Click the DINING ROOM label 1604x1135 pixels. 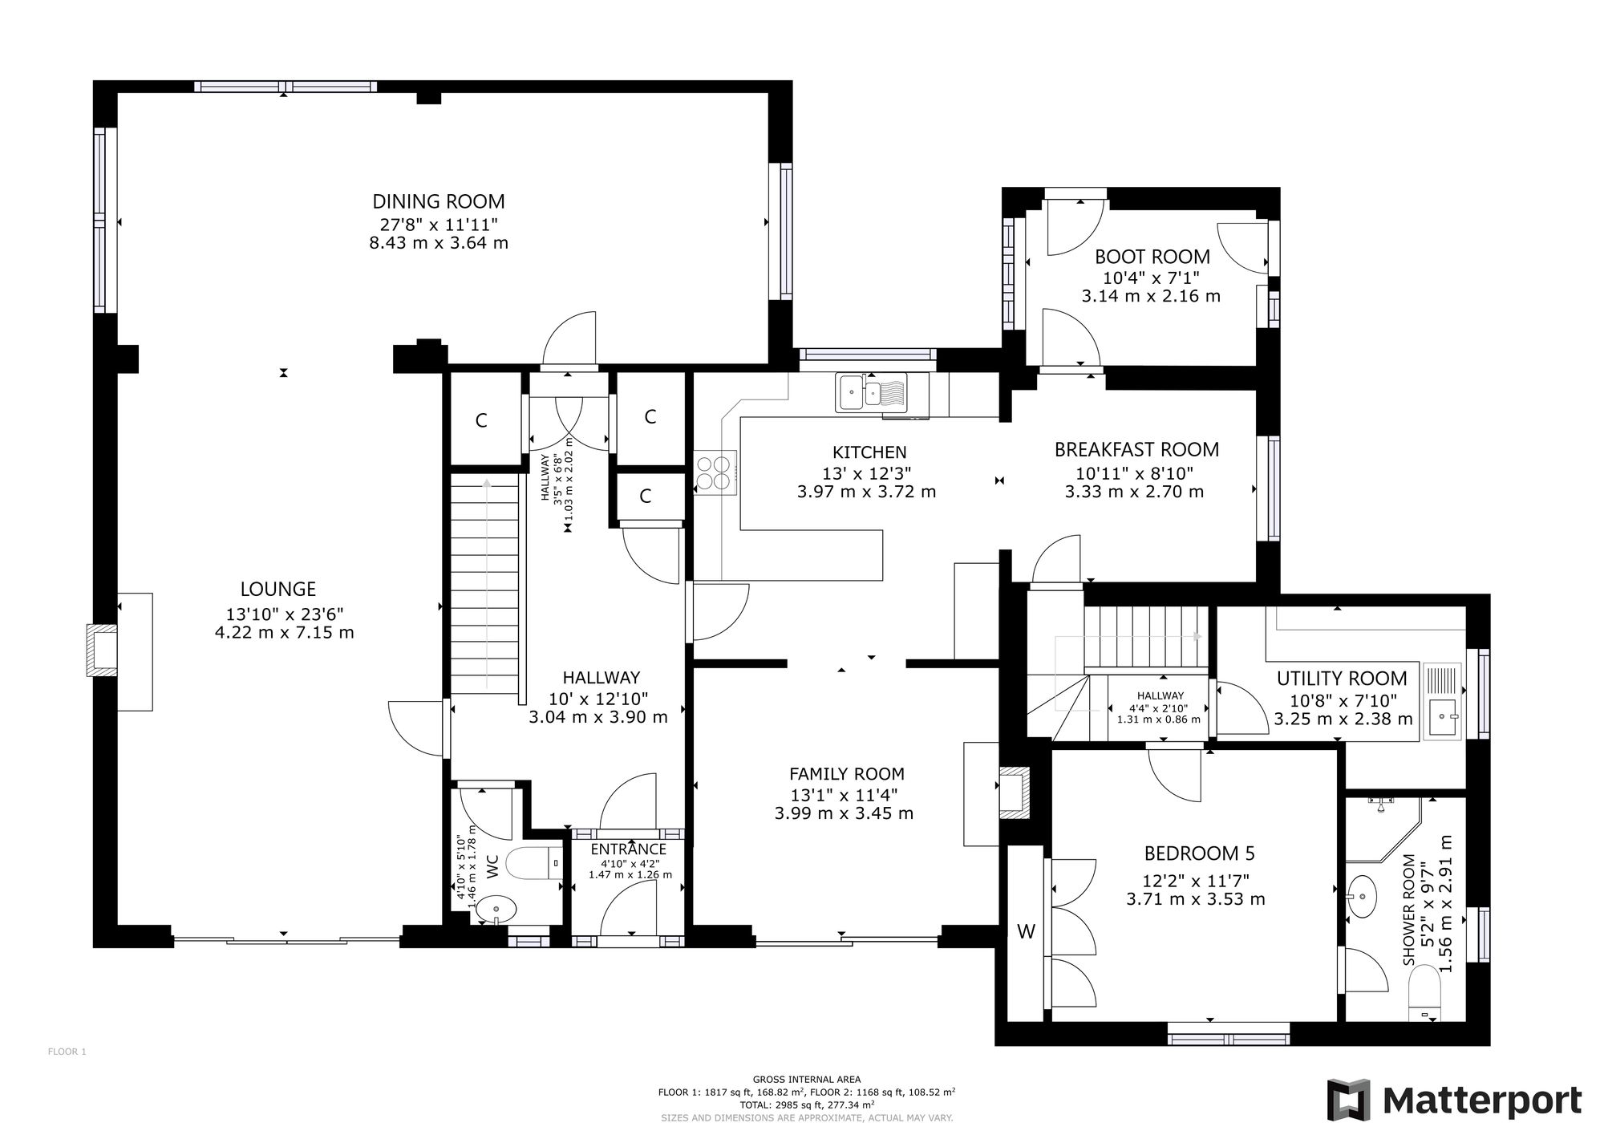click(x=439, y=201)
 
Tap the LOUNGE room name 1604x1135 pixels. click(x=278, y=590)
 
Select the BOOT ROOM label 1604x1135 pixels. click(x=1152, y=257)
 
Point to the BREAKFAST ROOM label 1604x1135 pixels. click(x=1136, y=450)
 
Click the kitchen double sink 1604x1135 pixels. click(x=871, y=392)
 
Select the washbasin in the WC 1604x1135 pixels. click(x=496, y=910)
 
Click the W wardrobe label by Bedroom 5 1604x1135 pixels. click(x=1026, y=931)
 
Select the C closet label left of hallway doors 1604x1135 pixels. click(x=481, y=420)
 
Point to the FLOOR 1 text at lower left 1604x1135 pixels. click(x=67, y=1052)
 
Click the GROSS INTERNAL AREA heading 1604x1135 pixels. click(x=806, y=1080)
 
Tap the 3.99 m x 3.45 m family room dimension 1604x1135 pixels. click(x=844, y=813)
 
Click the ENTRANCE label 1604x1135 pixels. click(x=629, y=849)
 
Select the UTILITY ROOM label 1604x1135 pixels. click(x=1342, y=679)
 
